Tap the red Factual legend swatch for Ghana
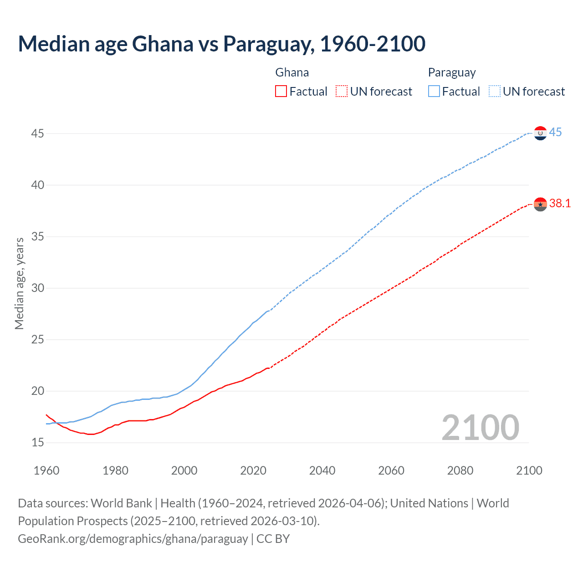281,92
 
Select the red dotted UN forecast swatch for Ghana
342,92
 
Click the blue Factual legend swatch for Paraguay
434,92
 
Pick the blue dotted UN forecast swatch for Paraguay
494,92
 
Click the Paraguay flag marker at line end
540,133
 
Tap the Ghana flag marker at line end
540,205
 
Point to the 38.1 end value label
560,204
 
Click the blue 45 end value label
555,133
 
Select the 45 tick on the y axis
38,134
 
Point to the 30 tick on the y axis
38,288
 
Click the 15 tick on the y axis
38,442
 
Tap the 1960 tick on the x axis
46,470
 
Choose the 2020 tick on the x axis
253,470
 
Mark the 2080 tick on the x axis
460,470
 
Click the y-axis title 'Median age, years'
19,283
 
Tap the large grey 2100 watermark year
480,427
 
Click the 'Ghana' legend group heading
292,73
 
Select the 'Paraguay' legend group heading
452,73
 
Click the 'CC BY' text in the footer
273,539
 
